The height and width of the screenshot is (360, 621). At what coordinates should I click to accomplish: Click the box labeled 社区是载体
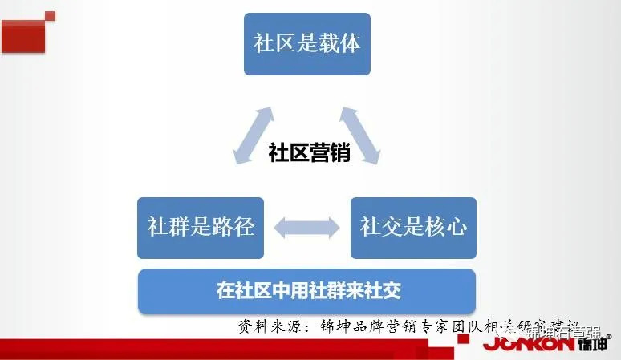point(307,44)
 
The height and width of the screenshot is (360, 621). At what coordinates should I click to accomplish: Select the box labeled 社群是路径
point(201,228)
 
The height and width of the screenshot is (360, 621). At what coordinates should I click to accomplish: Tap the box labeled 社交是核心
point(413,228)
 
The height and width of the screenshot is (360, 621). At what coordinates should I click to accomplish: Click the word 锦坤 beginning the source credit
point(339,327)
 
